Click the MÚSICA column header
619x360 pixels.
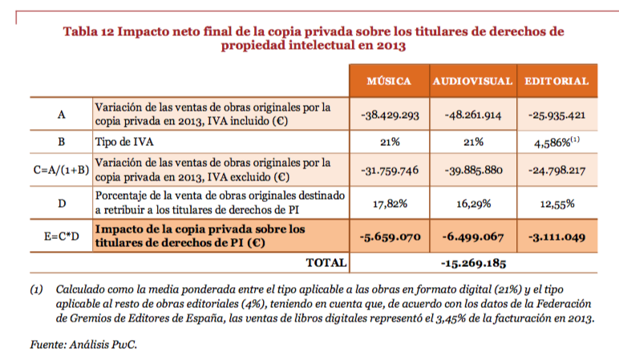click(389, 81)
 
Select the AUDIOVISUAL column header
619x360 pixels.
click(472, 81)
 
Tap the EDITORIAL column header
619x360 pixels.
click(556, 81)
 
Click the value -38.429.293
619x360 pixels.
click(390, 115)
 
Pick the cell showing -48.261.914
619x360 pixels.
click(473, 115)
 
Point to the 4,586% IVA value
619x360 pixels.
click(556, 142)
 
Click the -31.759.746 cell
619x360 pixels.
click(390, 170)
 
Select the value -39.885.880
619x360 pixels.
click(473, 170)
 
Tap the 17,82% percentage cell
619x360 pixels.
click(390, 204)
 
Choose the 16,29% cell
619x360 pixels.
click(473, 204)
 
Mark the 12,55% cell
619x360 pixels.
click(557, 204)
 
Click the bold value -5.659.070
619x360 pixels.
click(390, 237)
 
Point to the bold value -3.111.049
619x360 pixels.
click(557, 237)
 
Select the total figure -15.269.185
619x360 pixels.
click(473, 263)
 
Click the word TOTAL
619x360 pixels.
click(326, 262)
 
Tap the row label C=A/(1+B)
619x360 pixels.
click(61, 170)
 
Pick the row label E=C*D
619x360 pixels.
click(61, 236)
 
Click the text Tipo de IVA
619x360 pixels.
click(124, 142)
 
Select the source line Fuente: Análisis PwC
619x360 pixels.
click(83, 345)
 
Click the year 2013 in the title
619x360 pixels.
click(391, 46)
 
